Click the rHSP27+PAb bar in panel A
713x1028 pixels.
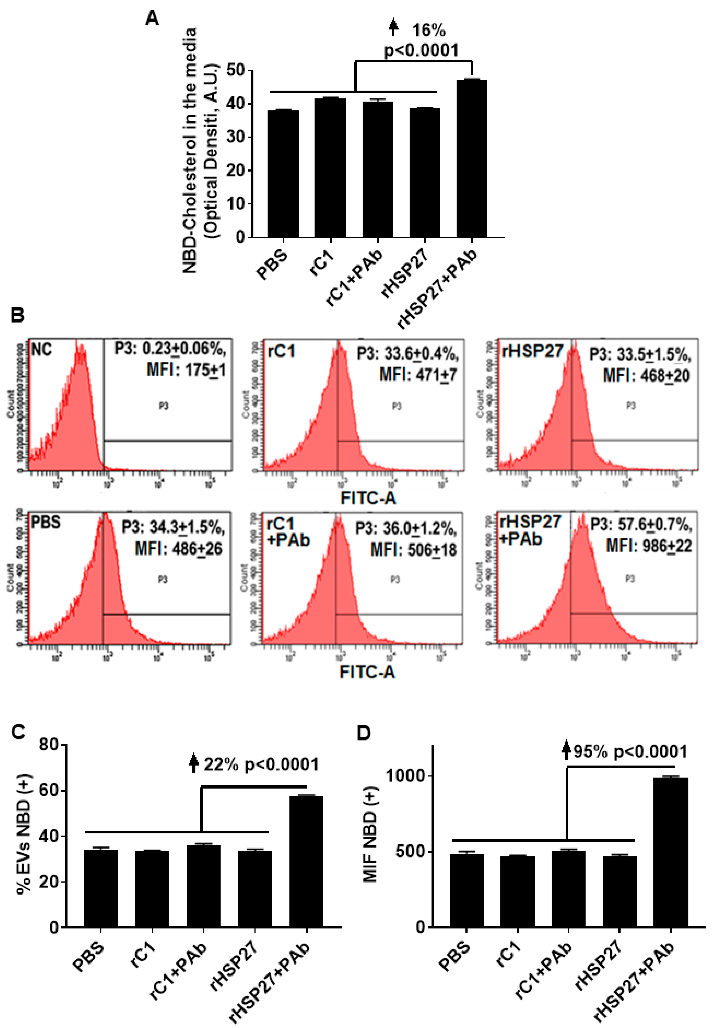click(472, 159)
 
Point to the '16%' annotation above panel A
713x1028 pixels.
click(428, 30)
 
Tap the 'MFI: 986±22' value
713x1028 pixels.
click(648, 546)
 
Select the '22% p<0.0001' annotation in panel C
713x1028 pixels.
click(261, 764)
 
